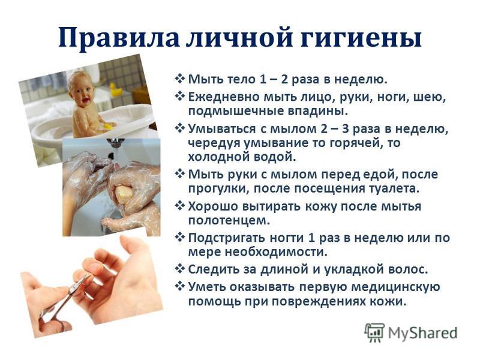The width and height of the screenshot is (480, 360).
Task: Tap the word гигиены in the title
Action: point(361,37)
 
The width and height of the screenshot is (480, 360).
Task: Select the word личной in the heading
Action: point(239,37)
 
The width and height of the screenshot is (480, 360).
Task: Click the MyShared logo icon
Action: point(374,332)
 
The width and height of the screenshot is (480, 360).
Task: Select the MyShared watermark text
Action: point(422,333)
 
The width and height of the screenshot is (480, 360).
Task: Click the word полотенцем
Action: point(229,220)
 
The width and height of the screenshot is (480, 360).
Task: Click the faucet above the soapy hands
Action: point(116,143)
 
